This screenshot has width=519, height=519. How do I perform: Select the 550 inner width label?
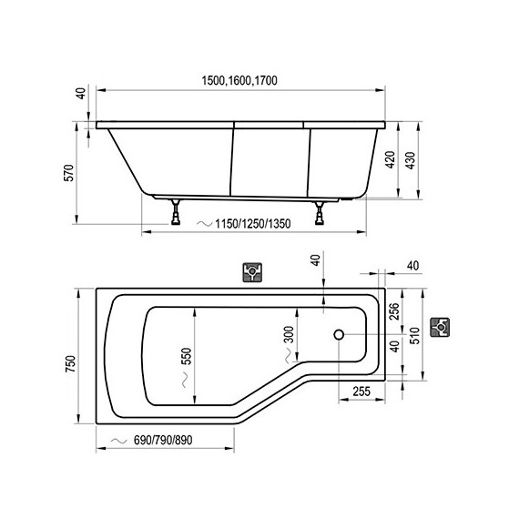tap(187, 354)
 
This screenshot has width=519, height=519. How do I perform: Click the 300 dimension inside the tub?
tap(290, 335)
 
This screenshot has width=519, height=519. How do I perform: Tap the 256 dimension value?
tap(394, 311)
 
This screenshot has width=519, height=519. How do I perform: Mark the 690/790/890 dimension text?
tap(164, 441)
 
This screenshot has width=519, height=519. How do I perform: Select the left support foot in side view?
tap(174, 213)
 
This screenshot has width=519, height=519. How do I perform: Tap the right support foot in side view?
tap(320, 214)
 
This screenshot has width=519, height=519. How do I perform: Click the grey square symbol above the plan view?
tap(253, 272)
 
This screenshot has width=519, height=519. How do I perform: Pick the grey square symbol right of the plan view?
tap(441, 325)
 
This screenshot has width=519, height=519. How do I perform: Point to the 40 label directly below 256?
tap(394, 347)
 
